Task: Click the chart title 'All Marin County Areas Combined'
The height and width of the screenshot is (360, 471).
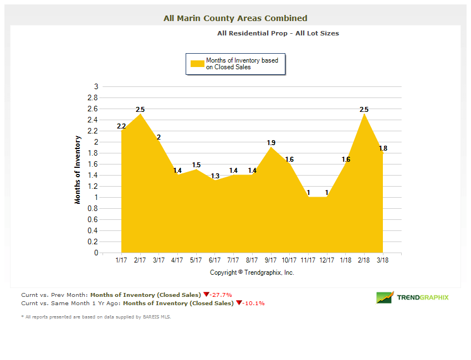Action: pyautogui.click(x=235, y=18)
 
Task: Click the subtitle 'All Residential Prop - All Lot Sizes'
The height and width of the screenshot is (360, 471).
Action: pyautogui.click(x=278, y=33)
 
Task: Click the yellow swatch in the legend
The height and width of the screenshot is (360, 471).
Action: pyautogui.click(x=197, y=64)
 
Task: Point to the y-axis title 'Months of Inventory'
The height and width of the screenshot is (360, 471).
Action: pyautogui.click(x=78, y=169)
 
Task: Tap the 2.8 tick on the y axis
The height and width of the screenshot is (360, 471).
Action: pyautogui.click(x=93, y=97)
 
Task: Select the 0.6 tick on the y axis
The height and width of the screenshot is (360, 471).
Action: pyautogui.click(x=93, y=219)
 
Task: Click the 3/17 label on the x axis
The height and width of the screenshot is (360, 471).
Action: pyautogui.click(x=158, y=260)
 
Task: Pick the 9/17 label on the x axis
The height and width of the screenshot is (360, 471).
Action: pyautogui.click(x=270, y=260)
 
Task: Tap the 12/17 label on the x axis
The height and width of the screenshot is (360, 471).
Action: pyautogui.click(x=327, y=260)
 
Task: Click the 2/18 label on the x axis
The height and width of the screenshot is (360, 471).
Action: pyautogui.click(x=364, y=260)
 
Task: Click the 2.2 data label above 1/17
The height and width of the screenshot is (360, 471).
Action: pyautogui.click(x=121, y=126)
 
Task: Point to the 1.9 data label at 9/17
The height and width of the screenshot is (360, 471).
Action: pyautogui.click(x=271, y=143)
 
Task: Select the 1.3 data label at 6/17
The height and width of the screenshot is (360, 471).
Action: pyautogui.click(x=215, y=176)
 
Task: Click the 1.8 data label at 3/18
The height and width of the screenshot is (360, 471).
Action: pyautogui.click(x=383, y=148)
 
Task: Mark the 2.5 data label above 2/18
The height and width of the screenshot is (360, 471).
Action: pyautogui.click(x=364, y=110)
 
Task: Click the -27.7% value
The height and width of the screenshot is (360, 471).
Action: pyautogui.click(x=221, y=295)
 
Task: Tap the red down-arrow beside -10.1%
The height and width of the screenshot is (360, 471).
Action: pyautogui.click(x=239, y=303)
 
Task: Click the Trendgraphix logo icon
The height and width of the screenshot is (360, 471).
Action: pyautogui.click(x=385, y=297)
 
